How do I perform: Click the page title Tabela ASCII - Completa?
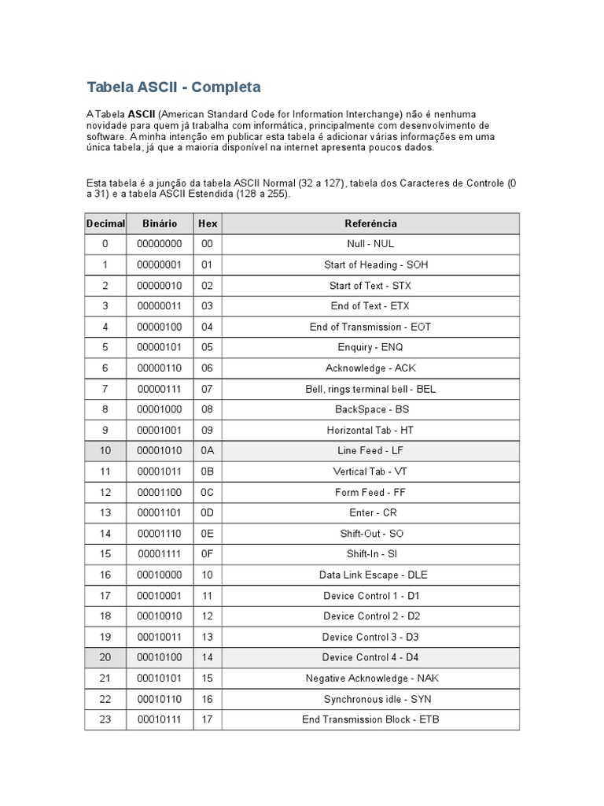[173, 87]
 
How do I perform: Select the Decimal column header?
[105, 224]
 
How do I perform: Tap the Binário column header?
[159, 224]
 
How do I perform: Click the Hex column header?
[208, 224]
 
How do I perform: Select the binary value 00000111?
[159, 389]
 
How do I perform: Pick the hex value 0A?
[208, 451]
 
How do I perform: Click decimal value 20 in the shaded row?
[105, 657]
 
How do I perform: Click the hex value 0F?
[208, 554]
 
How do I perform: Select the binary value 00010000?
[159, 575]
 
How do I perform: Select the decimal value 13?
[105, 513]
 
